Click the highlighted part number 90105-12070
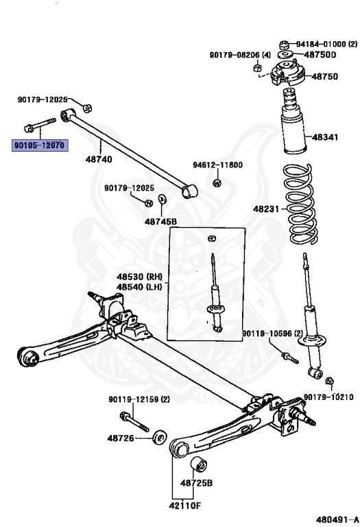38,145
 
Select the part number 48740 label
98,159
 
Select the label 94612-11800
217,165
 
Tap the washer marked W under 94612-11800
217,183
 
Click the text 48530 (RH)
138,277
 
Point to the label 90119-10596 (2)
272,334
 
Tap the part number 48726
120,437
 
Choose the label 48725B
197,482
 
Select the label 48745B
160,221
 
